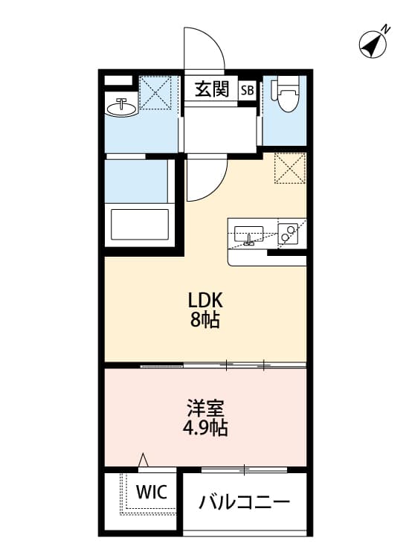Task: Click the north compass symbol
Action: (x=375, y=43)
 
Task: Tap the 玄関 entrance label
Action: (x=211, y=90)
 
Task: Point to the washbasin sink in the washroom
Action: (x=122, y=108)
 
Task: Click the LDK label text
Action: (x=205, y=301)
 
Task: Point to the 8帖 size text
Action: (x=205, y=321)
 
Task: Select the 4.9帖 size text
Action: (x=206, y=429)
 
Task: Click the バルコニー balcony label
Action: (x=244, y=502)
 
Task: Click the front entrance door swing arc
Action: (x=204, y=48)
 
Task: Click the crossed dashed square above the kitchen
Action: (x=290, y=168)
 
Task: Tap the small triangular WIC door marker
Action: (x=144, y=461)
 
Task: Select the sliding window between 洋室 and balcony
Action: (x=244, y=469)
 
